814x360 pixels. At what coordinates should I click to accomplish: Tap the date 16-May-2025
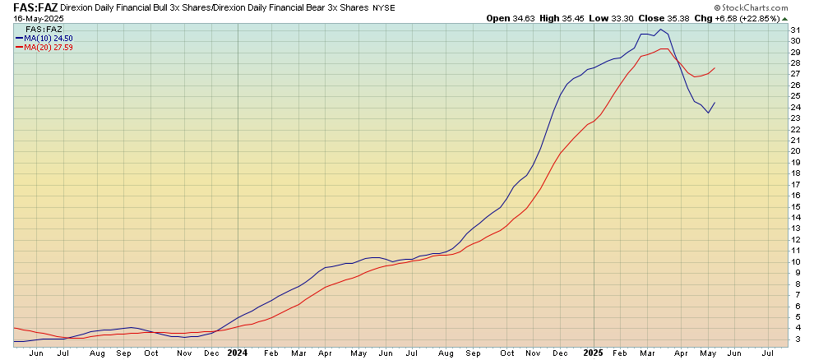(x=33, y=18)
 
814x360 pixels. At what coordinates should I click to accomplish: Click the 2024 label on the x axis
(x=238, y=353)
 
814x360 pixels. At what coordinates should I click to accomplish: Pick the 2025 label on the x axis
(x=593, y=353)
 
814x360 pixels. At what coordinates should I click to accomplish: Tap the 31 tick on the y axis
(x=795, y=30)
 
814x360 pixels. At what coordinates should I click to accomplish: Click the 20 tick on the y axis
(x=795, y=150)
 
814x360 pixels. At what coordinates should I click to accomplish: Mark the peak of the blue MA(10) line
(x=660, y=29)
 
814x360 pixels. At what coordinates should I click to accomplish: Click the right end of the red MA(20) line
(x=714, y=67)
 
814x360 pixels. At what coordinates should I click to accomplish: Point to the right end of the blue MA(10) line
(x=714, y=102)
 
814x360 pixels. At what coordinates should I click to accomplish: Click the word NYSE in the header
(x=383, y=7)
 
